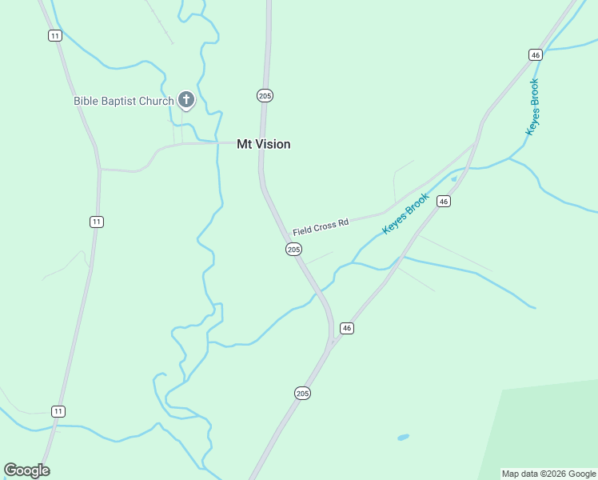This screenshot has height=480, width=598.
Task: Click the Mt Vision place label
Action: (263, 145)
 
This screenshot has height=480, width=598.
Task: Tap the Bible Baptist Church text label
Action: (123, 101)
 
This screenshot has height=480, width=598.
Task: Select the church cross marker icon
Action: (185, 100)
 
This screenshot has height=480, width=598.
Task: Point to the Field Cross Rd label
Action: (321, 227)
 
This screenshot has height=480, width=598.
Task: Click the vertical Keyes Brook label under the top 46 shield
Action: (532, 106)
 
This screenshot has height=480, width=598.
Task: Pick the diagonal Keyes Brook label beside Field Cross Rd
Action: (406, 214)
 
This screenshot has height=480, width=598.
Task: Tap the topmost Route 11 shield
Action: (54, 35)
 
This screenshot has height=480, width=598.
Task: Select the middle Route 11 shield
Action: (97, 222)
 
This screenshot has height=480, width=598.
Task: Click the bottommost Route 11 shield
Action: (58, 411)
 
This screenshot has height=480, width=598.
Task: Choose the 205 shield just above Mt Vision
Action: (265, 95)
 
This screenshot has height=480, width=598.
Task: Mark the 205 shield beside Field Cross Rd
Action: (293, 250)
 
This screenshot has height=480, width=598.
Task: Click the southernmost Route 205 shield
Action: (302, 394)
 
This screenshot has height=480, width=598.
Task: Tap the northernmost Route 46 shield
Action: (536, 54)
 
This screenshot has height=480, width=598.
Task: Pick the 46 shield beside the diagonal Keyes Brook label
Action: (444, 202)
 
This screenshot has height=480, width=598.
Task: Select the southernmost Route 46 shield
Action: (346, 328)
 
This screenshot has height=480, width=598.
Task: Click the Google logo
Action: (27, 470)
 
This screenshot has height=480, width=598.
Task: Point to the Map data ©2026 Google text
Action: (548, 474)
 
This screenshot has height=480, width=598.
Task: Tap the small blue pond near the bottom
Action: (403, 438)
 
